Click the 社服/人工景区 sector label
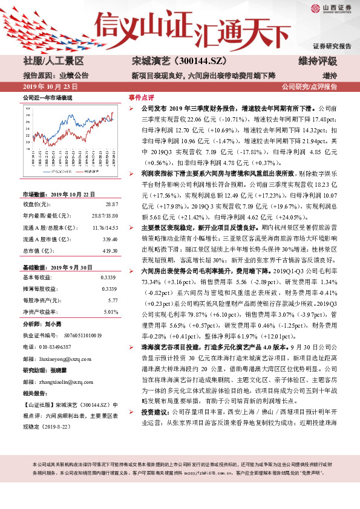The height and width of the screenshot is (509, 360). pos(53,62)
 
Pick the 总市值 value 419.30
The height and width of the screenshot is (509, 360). pos(110,233)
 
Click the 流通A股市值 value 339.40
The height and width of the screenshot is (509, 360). pos(110,222)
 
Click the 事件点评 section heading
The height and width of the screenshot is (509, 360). pos(142,97)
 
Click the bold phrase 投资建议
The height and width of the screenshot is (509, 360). pos(156,445)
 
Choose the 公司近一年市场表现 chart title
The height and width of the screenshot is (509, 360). pos(47,97)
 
